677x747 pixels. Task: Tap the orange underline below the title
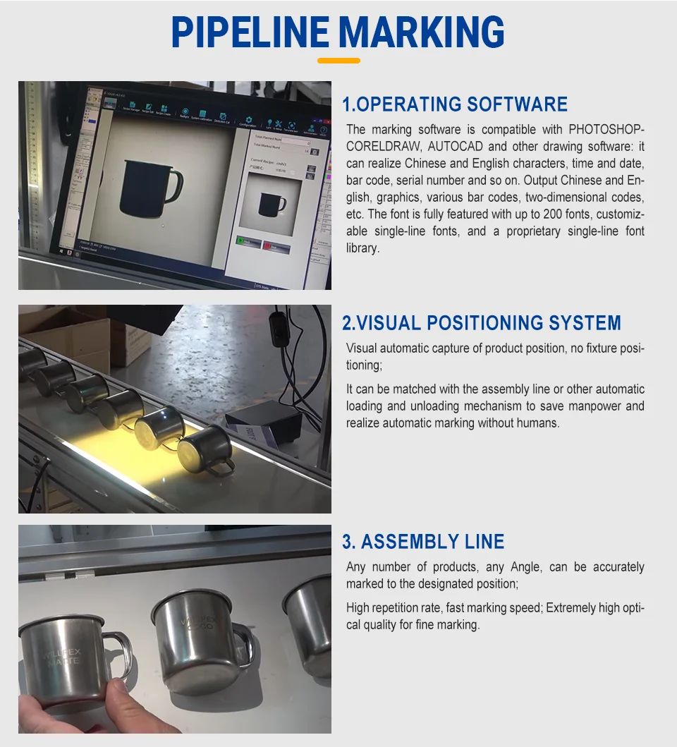(338, 61)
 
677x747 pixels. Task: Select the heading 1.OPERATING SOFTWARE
(455, 104)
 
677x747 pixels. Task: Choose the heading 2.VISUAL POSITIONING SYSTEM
(482, 323)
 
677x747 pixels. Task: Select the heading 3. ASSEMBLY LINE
(423, 542)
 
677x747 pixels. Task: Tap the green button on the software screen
(248, 241)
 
